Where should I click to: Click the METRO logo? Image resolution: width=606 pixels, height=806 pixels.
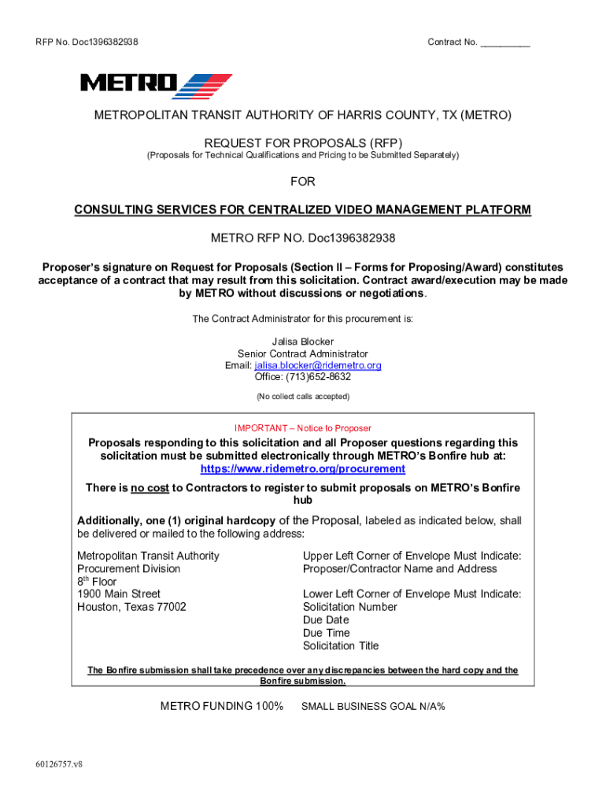point(156,85)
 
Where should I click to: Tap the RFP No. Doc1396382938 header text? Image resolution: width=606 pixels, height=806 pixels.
point(87,43)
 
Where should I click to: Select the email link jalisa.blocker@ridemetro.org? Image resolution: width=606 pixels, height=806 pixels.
point(317,366)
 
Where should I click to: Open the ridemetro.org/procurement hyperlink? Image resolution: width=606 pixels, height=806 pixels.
point(303,469)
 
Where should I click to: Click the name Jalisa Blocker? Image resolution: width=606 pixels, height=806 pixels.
point(303,342)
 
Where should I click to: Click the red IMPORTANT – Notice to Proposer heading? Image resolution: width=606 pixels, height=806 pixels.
point(302,428)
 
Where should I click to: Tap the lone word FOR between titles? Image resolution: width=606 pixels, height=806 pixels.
point(303,182)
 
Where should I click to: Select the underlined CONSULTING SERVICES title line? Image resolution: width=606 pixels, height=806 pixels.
point(303,210)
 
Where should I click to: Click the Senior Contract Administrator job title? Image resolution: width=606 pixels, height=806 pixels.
point(303,354)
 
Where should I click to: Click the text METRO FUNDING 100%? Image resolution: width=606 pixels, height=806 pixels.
point(222,706)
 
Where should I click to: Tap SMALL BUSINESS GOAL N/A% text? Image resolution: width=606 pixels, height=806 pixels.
point(373,707)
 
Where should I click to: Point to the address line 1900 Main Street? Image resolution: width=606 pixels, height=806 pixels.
point(119,594)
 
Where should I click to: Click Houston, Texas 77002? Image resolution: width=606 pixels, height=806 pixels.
point(131,607)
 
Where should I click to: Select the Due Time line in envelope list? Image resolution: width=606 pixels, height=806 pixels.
point(327,633)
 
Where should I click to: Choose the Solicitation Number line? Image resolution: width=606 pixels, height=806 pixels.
point(350,607)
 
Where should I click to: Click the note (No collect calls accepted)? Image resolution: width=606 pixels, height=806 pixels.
point(303,397)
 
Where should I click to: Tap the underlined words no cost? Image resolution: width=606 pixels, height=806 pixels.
point(150,488)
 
